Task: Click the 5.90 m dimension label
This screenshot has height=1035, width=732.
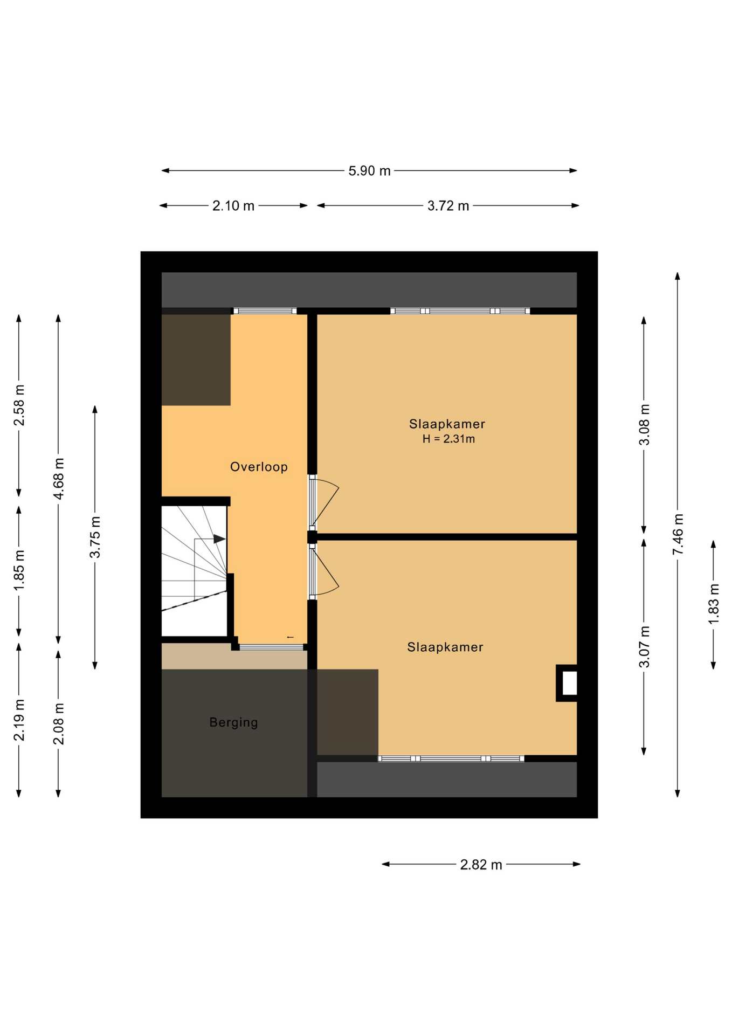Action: (369, 171)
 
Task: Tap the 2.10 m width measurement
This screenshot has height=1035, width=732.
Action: (233, 206)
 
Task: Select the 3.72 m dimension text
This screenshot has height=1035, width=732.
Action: (448, 206)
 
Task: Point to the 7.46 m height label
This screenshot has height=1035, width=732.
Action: (678, 534)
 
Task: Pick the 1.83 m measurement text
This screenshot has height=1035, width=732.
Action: (713, 604)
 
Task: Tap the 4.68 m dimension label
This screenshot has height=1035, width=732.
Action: (58, 479)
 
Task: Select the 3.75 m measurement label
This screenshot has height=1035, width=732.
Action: (95, 537)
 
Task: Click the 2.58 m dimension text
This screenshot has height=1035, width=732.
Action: (19, 405)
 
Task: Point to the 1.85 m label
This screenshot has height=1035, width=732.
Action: (19, 570)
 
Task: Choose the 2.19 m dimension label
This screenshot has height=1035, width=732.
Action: (19, 720)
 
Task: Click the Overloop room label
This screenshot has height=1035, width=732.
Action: (259, 467)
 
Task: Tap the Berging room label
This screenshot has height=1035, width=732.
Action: (233, 722)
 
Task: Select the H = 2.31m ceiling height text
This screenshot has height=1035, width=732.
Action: (448, 439)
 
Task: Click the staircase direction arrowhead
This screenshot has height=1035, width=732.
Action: (219, 539)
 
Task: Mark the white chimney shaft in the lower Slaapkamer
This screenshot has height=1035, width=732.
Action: (570, 683)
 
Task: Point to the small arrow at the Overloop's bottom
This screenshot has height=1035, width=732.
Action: (290, 637)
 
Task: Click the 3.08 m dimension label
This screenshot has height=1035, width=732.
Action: (644, 424)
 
